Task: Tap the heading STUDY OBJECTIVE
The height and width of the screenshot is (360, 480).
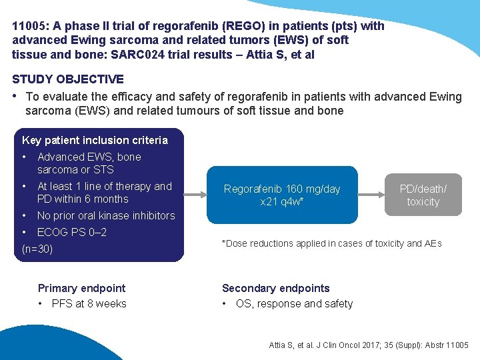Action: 68,79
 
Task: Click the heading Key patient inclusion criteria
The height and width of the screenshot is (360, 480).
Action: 95,140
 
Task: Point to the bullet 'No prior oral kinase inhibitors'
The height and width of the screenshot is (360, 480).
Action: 106,215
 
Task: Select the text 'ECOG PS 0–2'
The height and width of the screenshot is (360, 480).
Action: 72,232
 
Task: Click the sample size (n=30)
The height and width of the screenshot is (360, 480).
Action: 37,249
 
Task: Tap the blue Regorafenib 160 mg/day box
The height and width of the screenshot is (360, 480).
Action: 282,195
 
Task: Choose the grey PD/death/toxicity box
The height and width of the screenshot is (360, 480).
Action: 423,195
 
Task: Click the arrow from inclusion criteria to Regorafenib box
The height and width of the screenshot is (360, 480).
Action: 195,195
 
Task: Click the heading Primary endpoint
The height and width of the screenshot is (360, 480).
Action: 81,288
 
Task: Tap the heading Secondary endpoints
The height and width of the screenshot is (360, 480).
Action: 275,288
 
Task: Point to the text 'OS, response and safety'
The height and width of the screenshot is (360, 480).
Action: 294,303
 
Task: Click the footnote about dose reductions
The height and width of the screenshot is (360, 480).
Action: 331,243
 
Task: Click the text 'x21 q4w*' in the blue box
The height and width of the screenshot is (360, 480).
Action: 282,201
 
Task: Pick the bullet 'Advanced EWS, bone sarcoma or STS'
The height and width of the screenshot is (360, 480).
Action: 89,163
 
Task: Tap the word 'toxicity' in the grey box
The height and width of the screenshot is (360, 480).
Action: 423,201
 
